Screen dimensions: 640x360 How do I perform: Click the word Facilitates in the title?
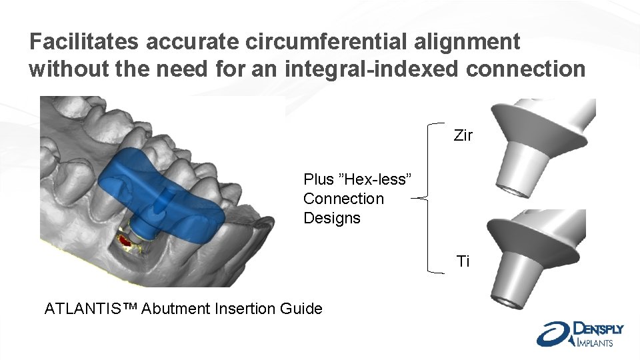point(84,42)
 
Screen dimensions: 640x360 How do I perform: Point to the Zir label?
point(463,135)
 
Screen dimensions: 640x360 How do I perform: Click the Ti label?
point(463,261)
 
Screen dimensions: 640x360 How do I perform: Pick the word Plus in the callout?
point(319,179)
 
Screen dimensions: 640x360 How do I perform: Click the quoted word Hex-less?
point(377,179)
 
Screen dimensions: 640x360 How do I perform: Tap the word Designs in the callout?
point(331,218)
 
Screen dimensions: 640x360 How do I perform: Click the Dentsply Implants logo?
point(580,333)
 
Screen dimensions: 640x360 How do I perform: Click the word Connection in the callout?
point(343,199)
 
